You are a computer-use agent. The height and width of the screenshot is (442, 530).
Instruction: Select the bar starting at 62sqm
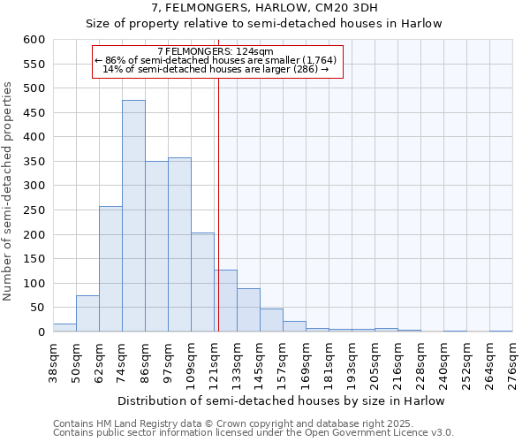[x=110, y=270]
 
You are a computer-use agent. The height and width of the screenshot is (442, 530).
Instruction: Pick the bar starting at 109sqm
[x=202, y=283]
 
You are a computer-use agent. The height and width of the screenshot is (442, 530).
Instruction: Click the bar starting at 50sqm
[x=87, y=314]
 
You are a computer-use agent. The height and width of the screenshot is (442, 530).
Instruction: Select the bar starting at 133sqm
[x=248, y=310]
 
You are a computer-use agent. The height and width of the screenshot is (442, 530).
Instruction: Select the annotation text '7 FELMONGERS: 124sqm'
[x=216, y=51]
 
